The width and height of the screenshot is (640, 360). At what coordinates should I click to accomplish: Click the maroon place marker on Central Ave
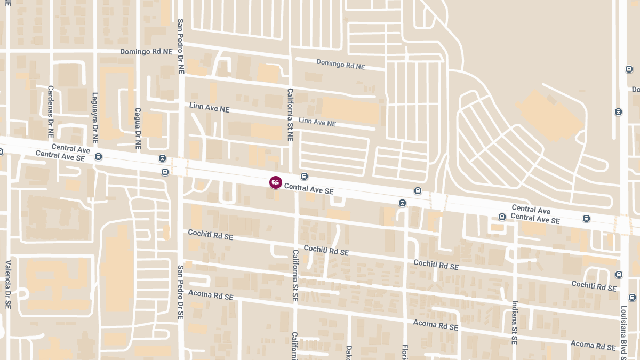tap(276, 182)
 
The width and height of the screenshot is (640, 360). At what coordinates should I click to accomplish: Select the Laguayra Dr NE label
tap(95, 118)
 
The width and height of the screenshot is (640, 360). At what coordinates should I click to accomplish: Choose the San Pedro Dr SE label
tap(181, 292)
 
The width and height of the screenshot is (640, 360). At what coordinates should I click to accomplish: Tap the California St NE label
tap(291, 114)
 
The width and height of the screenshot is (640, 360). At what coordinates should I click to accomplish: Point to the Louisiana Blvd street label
tap(623, 331)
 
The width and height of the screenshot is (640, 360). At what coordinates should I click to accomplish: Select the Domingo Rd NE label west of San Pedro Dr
tap(146, 52)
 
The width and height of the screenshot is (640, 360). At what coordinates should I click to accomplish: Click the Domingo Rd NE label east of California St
tap(340, 65)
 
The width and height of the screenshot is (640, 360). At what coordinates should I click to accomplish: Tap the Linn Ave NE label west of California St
tap(209, 107)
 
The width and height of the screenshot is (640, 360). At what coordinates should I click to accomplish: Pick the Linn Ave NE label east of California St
tap(317, 122)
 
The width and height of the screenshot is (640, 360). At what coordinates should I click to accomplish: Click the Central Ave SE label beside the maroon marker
tap(309, 188)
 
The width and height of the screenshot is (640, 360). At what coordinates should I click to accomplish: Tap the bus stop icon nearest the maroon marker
tap(304, 177)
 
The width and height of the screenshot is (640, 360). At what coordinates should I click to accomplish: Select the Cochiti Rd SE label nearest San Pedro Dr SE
tap(211, 235)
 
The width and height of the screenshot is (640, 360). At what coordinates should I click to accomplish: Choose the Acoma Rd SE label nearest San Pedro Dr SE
tap(211, 295)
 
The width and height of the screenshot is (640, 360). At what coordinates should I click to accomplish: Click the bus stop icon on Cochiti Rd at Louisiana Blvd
tap(619, 275)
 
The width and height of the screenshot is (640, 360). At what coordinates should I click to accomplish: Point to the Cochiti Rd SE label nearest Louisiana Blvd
tap(594, 286)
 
